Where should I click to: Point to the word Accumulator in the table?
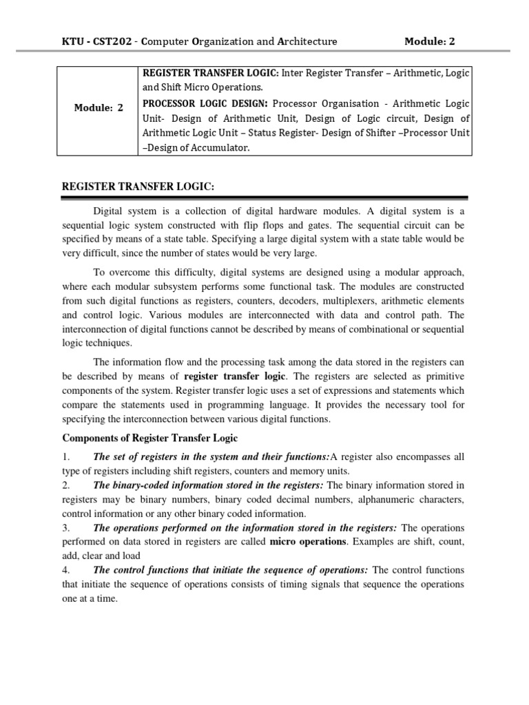pos(222,147)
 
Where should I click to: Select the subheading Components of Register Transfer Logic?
pos(150,438)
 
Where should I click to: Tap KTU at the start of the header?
pos(72,41)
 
